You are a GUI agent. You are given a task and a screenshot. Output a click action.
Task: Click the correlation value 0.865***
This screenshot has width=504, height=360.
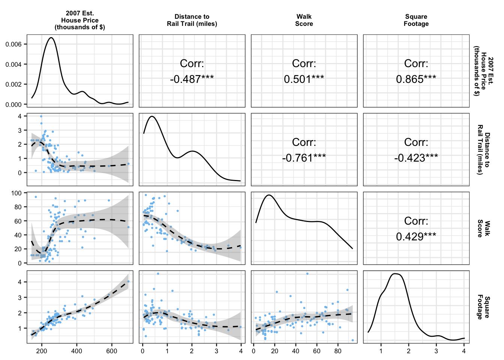pyautogui.click(x=416, y=79)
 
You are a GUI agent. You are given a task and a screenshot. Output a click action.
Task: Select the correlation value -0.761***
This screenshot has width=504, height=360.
pyautogui.click(x=304, y=158)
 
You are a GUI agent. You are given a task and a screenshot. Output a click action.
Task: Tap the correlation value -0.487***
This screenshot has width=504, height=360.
pyautogui.click(x=192, y=79)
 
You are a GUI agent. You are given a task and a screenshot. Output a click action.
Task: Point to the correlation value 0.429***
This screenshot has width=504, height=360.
pyautogui.click(x=416, y=237)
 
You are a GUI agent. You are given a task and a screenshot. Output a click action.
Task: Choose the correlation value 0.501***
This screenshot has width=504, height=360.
pyautogui.click(x=304, y=79)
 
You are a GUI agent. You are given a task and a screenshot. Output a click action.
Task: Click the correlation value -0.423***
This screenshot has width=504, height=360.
pyautogui.click(x=416, y=158)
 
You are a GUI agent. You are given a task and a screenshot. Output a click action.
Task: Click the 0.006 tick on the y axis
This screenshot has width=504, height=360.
pyautogui.click(x=13, y=44)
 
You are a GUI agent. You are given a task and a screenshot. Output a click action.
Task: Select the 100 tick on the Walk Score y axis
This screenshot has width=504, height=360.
pyautogui.click(x=16, y=193)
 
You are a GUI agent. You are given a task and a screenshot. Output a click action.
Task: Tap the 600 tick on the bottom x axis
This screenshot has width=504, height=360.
pyautogui.click(x=112, y=351)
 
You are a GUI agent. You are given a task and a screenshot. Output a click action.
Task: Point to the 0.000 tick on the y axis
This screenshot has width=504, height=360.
pyautogui.click(x=13, y=105)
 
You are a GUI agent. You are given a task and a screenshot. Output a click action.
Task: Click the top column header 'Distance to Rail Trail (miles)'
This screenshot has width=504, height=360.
pyautogui.click(x=192, y=20)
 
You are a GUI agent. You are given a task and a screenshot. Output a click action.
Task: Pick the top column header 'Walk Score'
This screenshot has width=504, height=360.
pyautogui.click(x=304, y=20)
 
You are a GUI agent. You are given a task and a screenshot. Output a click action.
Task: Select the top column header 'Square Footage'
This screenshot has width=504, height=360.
pyautogui.click(x=416, y=20)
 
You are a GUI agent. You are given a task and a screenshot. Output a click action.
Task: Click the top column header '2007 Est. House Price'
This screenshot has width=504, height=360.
pyautogui.click(x=80, y=20)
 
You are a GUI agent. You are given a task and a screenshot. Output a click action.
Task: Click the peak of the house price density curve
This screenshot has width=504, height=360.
pyautogui.click(x=51, y=37)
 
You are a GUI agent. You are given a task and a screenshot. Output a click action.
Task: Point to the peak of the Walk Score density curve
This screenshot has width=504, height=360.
pyautogui.click(x=268, y=195)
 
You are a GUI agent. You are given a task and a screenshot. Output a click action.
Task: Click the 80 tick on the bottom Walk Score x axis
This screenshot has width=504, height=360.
pyautogui.click(x=338, y=351)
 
